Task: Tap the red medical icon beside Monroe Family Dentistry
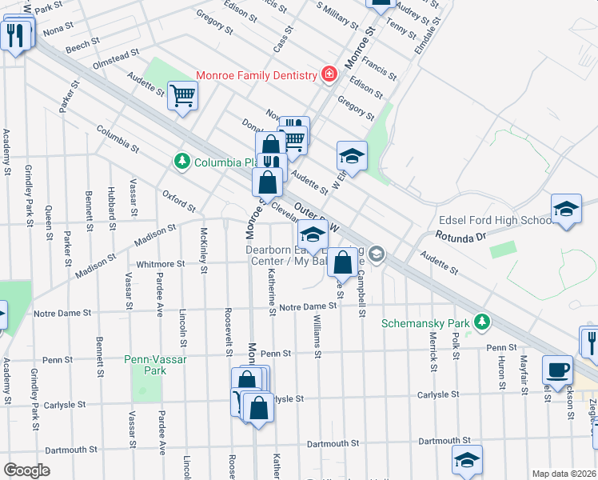(329, 74)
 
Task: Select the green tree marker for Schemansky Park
(481, 322)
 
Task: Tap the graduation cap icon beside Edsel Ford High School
(566, 210)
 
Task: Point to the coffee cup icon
(557, 369)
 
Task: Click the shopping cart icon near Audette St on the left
(183, 95)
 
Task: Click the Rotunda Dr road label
(460, 237)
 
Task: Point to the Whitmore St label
(161, 264)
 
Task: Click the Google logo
(26, 470)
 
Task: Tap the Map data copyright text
(564, 474)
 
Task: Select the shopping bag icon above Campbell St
(342, 262)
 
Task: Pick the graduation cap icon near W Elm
(352, 154)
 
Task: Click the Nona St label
(58, 30)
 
